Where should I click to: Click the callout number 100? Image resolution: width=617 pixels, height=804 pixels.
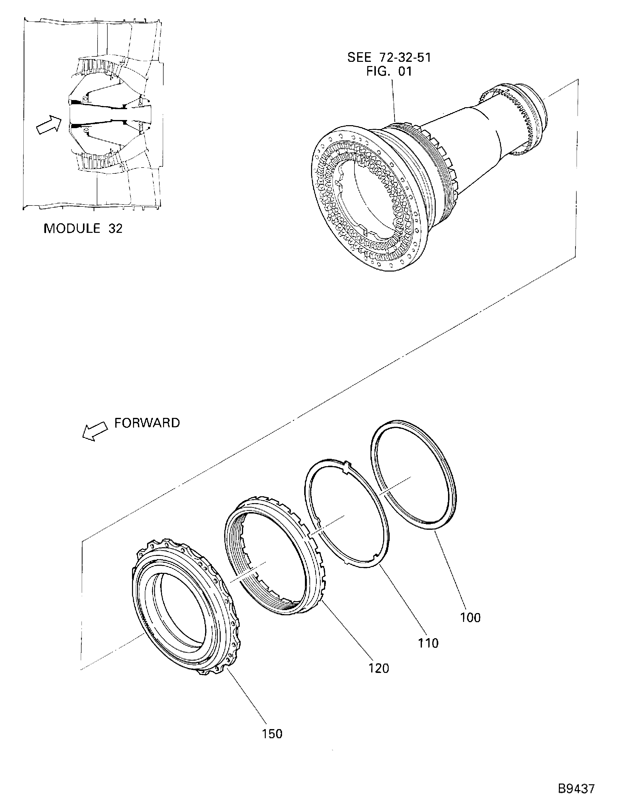(470, 617)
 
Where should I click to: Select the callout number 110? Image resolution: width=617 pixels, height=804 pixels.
(428, 643)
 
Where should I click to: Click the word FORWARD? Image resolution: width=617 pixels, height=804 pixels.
(147, 423)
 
